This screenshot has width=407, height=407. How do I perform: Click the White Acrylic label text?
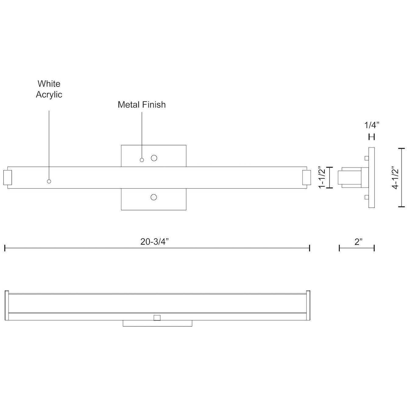[x=49, y=89]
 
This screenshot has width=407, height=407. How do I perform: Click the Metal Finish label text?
[x=142, y=105]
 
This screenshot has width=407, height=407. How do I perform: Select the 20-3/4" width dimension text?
[x=154, y=242]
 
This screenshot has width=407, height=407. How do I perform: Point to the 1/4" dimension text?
[x=372, y=125]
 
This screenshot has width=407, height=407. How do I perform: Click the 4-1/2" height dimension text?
[x=395, y=178]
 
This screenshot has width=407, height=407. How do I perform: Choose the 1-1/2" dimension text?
[x=322, y=178]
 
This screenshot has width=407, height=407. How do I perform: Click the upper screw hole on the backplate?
[x=154, y=158]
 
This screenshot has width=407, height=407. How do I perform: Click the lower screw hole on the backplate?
[x=154, y=197]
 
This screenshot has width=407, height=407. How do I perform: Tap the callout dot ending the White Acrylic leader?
[x=49, y=181]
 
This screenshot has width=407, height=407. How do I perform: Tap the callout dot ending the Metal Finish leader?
[x=142, y=160]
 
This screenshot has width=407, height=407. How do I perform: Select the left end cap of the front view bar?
[x=7, y=178]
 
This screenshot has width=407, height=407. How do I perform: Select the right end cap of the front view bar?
[x=306, y=178]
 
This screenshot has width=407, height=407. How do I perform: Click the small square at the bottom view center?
[x=157, y=318]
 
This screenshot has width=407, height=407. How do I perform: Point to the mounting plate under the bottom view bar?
[x=157, y=323]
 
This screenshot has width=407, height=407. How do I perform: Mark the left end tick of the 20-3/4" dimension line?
[x=5, y=248]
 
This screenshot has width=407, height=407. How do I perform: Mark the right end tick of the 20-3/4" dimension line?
[x=310, y=248]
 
